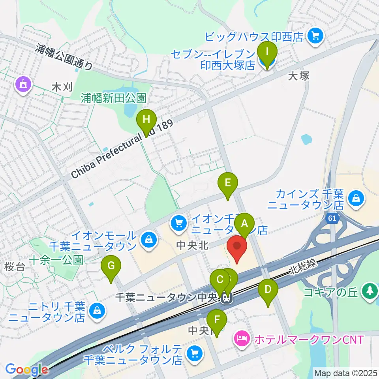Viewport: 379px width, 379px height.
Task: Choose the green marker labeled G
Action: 111,268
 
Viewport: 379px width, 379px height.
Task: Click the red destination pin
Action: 237,248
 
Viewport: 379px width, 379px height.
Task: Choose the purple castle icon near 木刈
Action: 22,84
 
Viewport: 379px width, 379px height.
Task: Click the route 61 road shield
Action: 334,218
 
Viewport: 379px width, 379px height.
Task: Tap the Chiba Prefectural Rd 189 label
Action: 122,150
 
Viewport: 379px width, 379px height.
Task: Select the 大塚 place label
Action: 298,76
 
